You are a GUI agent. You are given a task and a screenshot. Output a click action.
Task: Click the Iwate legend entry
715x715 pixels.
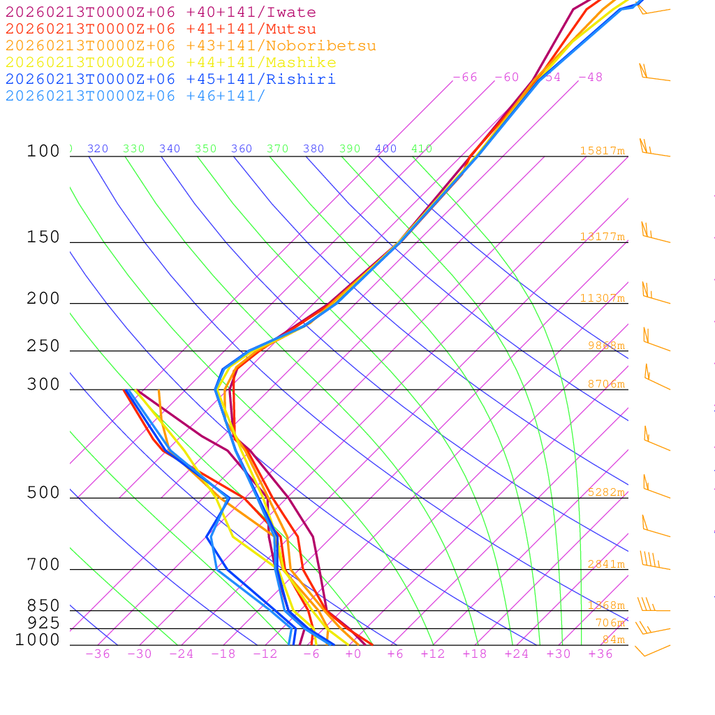point(161,13)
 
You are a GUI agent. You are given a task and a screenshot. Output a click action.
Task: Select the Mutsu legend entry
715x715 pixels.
point(161,29)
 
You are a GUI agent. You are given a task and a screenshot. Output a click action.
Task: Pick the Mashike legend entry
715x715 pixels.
point(170,63)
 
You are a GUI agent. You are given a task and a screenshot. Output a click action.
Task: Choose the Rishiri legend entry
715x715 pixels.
point(170,79)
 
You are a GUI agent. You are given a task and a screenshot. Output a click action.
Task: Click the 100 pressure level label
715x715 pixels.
point(43,151)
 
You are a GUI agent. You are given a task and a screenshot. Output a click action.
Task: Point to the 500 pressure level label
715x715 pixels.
point(43,493)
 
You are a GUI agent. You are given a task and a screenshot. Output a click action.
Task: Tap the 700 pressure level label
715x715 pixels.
point(43,565)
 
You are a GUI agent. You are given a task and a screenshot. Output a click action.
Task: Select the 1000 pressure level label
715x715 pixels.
point(38,640)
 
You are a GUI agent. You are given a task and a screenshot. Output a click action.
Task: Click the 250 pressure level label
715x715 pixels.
point(43,346)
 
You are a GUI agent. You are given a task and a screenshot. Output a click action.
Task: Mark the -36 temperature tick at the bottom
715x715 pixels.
point(97,654)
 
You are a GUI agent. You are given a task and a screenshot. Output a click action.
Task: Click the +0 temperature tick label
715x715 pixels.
point(353,654)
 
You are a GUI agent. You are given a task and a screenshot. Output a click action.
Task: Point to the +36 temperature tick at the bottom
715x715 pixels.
point(600,654)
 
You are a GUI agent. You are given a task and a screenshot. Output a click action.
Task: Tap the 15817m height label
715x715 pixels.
point(602,151)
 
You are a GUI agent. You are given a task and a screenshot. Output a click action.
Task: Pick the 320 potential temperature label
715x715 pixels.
point(98,149)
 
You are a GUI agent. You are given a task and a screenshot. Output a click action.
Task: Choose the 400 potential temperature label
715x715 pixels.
point(385,149)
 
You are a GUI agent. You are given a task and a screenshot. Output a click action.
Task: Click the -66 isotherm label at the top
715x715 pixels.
point(465,78)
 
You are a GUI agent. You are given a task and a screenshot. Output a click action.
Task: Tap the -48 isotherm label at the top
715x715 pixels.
point(590,78)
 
